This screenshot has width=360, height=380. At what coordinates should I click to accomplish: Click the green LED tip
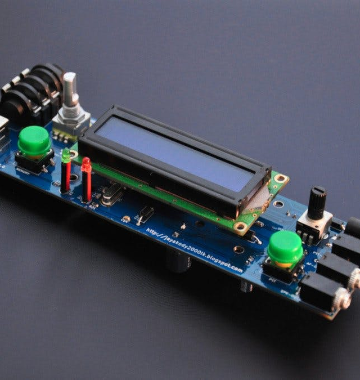[66, 155]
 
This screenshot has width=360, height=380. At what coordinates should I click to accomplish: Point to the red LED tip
[86, 164]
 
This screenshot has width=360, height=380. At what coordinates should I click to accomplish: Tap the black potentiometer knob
[317, 203]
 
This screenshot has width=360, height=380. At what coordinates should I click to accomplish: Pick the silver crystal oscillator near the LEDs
[112, 194]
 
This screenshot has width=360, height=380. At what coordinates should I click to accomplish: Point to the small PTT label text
[272, 279]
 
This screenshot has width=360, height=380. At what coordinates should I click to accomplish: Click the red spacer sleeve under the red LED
[87, 186]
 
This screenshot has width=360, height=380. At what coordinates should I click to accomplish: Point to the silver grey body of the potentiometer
[312, 225]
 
